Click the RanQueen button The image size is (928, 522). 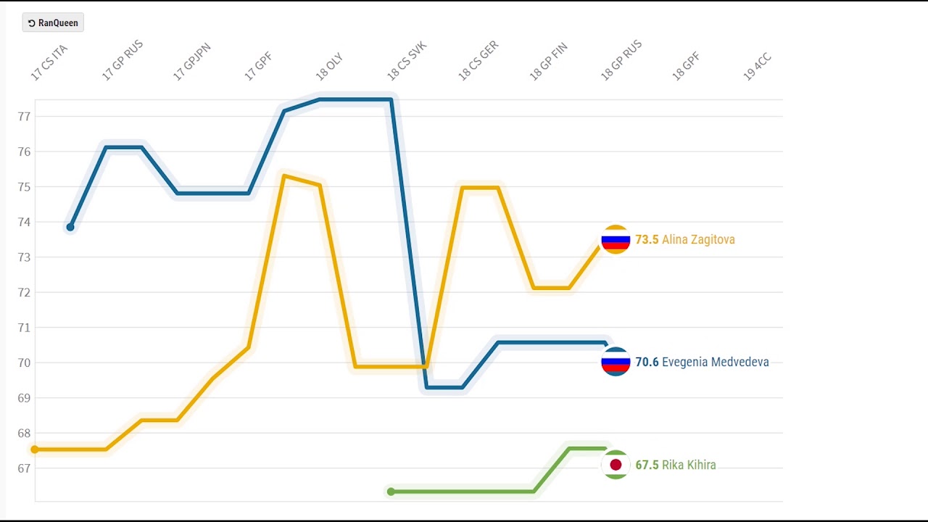(53, 23)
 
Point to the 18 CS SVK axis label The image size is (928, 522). (407, 61)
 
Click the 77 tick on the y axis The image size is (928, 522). (23, 116)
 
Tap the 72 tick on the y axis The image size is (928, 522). (23, 292)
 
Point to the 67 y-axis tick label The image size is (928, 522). (23, 468)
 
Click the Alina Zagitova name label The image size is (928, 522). (698, 240)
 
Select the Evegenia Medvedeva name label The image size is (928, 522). (715, 362)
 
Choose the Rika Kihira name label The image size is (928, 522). (689, 465)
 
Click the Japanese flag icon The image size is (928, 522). (616, 465)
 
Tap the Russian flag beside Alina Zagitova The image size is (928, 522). (616, 240)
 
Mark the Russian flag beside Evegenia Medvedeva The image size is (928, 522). (616, 362)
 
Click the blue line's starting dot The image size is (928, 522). (70, 228)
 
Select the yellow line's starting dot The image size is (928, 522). (34, 449)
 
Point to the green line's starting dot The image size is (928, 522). (391, 492)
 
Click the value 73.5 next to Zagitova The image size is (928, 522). (647, 240)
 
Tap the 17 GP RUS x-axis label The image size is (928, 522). (123, 61)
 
